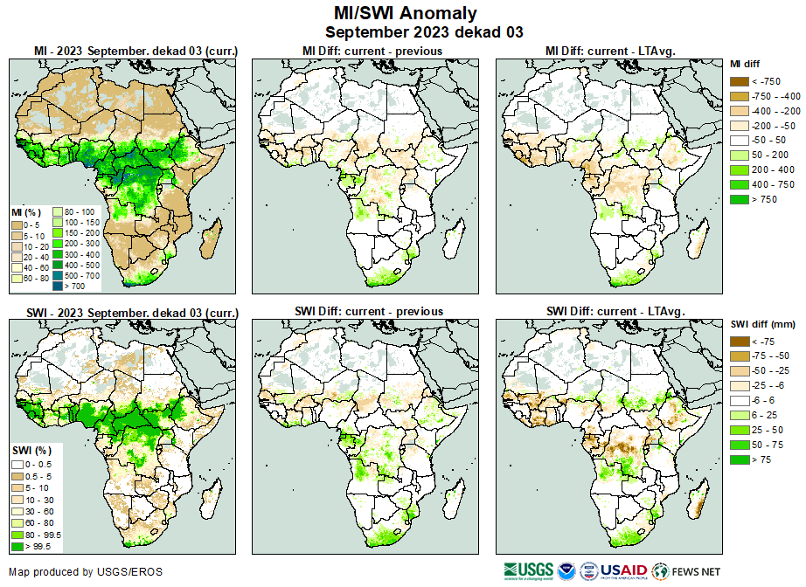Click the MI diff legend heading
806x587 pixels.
tap(747, 64)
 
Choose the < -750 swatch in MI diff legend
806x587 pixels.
tap(740, 81)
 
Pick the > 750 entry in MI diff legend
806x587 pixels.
tap(740, 200)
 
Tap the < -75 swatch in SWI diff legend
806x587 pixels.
tap(740, 342)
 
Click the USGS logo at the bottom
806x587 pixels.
tap(529, 571)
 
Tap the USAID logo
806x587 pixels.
tap(622, 571)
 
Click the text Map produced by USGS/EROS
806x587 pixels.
tap(86, 572)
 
